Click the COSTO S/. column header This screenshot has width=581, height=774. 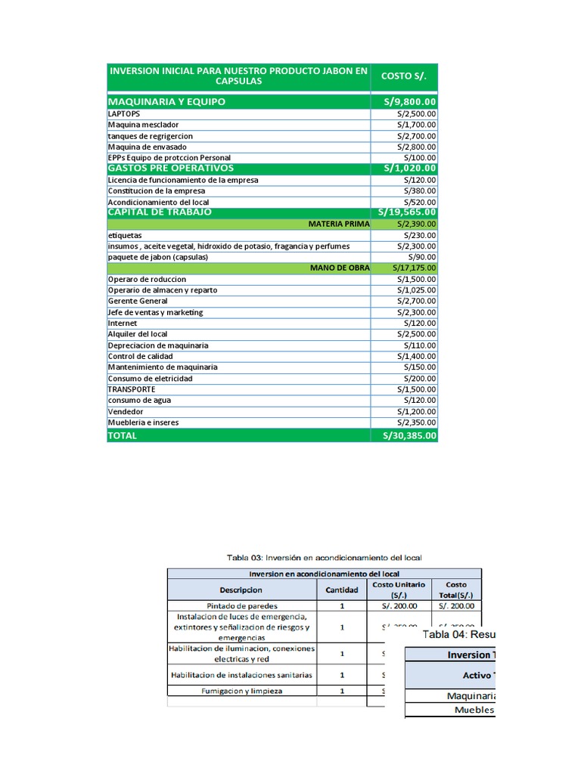[404, 76]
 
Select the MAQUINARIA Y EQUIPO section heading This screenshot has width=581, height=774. [166, 101]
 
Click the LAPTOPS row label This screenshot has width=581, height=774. [124, 113]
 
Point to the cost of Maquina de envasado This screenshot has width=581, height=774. [416, 147]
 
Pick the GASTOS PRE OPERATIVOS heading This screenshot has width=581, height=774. [171, 168]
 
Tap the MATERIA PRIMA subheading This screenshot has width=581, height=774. [339, 224]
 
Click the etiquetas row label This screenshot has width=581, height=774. [125, 235]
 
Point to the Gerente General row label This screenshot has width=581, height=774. [138, 301]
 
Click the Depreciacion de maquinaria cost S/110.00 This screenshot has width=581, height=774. [419, 345]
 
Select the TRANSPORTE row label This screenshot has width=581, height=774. [132, 389]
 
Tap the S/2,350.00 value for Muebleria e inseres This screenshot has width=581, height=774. [416, 422]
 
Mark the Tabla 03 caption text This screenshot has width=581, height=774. [324, 557]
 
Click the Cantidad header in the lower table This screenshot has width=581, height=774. [341, 590]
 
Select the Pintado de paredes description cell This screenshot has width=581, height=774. [241, 605]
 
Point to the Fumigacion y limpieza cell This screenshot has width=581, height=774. [241, 691]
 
